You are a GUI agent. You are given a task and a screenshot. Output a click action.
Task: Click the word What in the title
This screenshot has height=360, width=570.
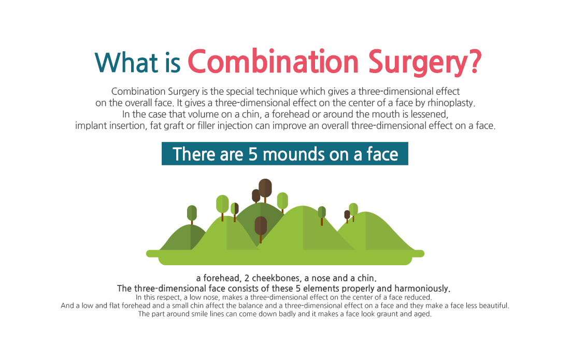[x=126, y=63]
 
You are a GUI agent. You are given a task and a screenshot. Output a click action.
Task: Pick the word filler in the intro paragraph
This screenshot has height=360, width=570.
[x=206, y=125]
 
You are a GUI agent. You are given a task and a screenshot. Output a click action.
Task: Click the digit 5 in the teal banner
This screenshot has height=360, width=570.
[x=253, y=154]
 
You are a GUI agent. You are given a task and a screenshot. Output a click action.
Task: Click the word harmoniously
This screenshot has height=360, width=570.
[x=422, y=289]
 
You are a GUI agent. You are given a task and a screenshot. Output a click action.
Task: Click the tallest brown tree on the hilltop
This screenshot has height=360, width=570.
[x=265, y=189]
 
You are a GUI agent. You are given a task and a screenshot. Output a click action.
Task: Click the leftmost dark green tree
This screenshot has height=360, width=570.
[x=192, y=214]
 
